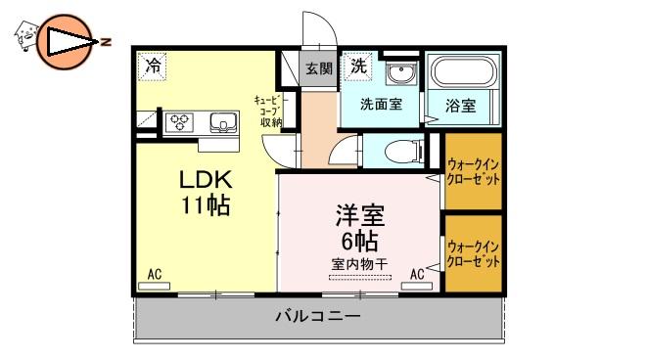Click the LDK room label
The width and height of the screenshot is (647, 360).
pyautogui.click(x=206, y=179)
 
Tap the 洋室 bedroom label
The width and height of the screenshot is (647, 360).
pyautogui.click(x=360, y=215)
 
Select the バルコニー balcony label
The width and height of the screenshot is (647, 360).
pyautogui.click(x=318, y=316)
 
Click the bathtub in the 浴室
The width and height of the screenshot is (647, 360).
pyautogui.click(x=463, y=71)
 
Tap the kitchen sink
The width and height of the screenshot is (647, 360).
pyautogui.click(x=223, y=123)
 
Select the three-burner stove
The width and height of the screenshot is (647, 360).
pyautogui.click(x=180, y=122)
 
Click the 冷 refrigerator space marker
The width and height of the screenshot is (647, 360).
pyautogui.click(x=153, y=66)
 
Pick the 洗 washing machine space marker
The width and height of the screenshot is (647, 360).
pyautogui.click(x=358, y=66)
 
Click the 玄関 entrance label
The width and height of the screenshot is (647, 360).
pyautogui.click(x=319, y=68)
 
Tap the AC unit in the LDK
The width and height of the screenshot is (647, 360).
pyautogui.click(x=154, y=286)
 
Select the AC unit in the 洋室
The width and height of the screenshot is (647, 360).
pyautogui.click(x=417, y=286)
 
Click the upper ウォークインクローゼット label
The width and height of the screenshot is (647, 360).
pyautogui.click(x=474, y=172)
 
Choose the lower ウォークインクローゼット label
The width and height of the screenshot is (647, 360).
pyautogui.click(x=474, y=254)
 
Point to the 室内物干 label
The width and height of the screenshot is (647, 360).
pyautogui.click(x=360, y=264)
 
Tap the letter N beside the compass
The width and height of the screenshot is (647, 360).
pyautogui.click(x=107, y=42)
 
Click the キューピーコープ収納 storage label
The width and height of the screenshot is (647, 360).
pyautogui.click(x=268, y=111)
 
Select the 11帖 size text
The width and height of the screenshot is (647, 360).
pyautogui.click(x=206, y=205)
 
